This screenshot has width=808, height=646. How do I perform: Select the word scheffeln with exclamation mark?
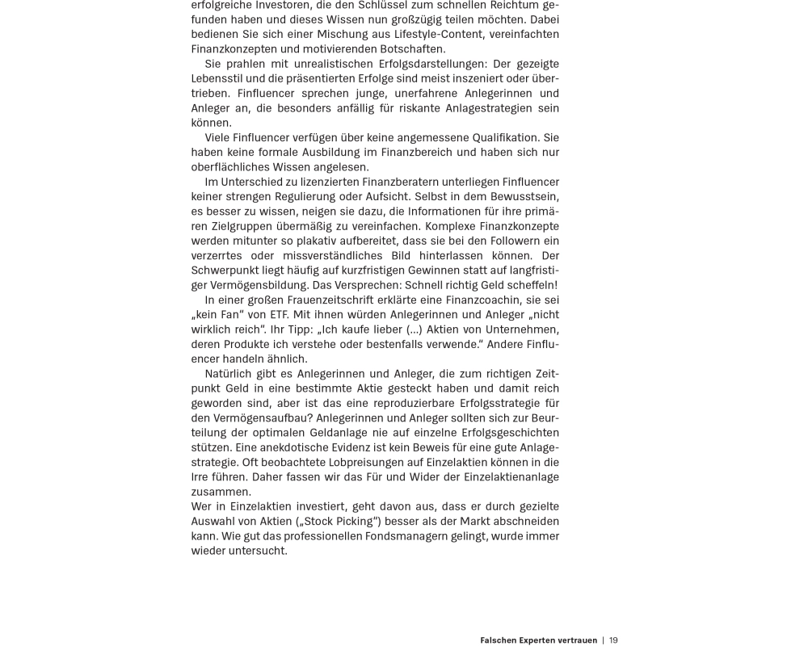pos(529,285)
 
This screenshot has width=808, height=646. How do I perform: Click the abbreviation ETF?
pos(279,314)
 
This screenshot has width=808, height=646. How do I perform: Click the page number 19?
pos(613,640)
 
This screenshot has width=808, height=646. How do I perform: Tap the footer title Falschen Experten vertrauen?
pos(538,640)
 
